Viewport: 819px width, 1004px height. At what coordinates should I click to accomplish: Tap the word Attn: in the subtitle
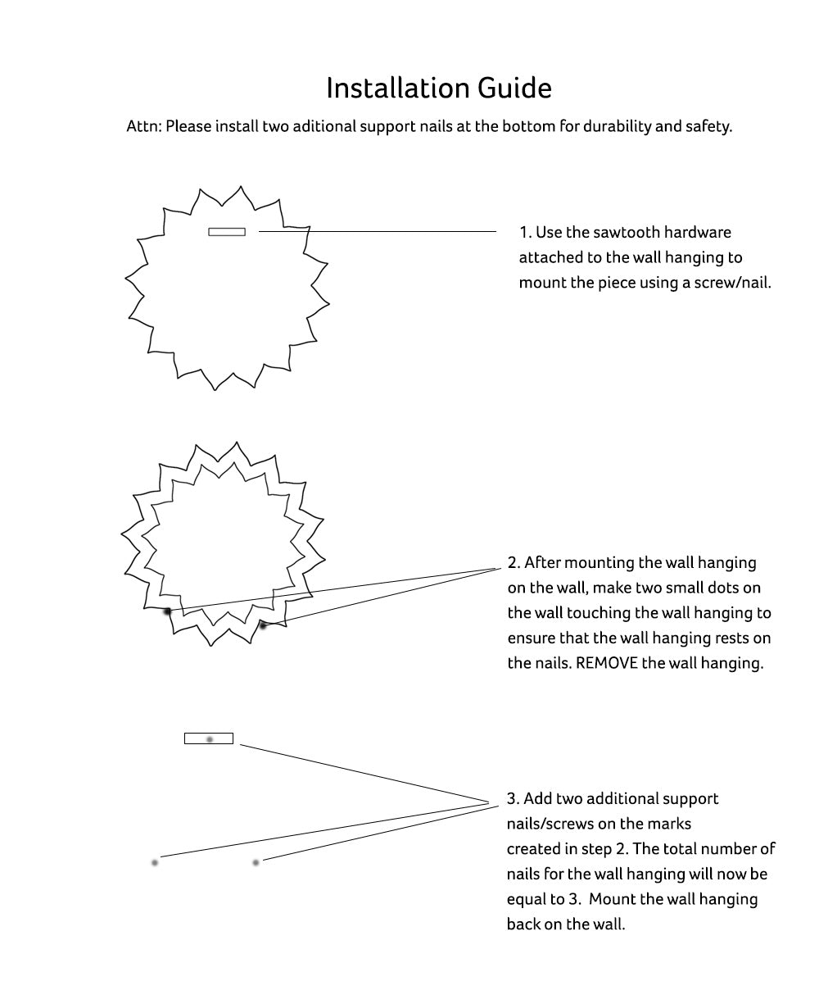tap(144, 127)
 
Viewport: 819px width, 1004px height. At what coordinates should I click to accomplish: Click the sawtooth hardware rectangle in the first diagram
tap(227, 232)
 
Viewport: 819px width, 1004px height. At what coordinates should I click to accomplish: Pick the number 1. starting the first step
tap(525, 233)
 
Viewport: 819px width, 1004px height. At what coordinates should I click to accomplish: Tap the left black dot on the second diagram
tap(168, 611)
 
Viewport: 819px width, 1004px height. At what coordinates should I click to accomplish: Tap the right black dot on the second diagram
tap(263, 625)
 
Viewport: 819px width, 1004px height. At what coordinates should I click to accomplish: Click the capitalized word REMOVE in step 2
tap(607, 663)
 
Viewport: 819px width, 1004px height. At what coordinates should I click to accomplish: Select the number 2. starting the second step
tap(514, 563)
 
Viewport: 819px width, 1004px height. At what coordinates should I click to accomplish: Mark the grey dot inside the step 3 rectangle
tap(210, 739)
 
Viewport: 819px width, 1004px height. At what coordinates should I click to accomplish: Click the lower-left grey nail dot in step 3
tap(155, 862)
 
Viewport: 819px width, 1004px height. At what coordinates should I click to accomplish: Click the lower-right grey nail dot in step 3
tap(256, 862)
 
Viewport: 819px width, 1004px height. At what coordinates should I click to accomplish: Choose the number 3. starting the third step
tap(513, 799)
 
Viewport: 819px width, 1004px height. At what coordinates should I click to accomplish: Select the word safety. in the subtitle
tap(707, 127)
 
